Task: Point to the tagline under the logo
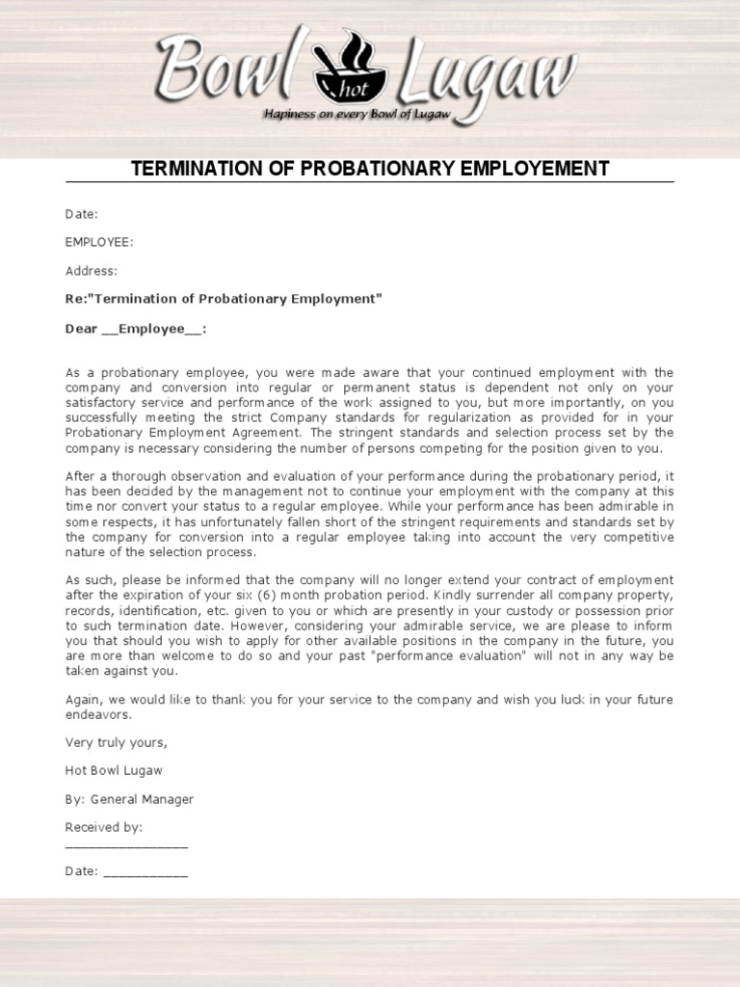coord(370,114)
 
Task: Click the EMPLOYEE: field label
coord(99,242)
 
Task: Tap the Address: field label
coord(92,271)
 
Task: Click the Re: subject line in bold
coord(224,299)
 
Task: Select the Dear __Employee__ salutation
coord(136,329)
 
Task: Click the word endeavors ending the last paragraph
coord(98,715)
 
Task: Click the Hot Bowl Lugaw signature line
coord(114,770)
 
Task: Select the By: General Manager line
coord(129,799)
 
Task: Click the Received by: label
coord(104,827)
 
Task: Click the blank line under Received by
coord(126,844)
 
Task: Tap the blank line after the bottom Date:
coord(145,873)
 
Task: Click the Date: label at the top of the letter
coord(82,214)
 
